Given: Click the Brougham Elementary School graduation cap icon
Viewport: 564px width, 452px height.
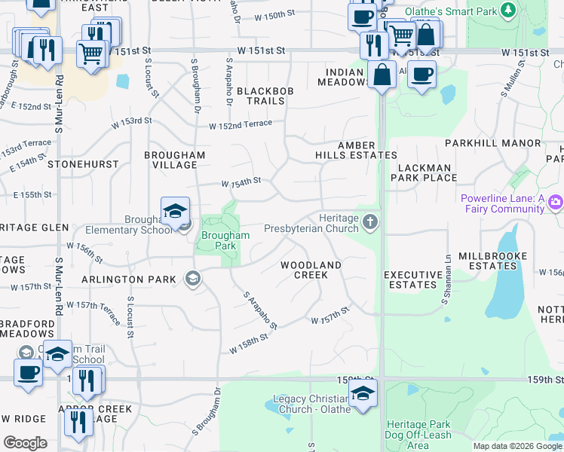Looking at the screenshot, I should [175, 210].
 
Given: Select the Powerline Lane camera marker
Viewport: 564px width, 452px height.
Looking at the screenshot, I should [556, 201].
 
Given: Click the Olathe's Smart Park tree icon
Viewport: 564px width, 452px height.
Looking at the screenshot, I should [508, 11].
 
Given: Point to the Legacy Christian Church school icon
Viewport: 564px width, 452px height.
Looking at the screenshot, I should [363, 393].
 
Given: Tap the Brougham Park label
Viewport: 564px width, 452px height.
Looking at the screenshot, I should [225, 240].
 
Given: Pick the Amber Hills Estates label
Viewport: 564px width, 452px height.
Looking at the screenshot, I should [356, 150].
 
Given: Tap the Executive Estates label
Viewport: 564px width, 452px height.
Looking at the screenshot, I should [413, 279].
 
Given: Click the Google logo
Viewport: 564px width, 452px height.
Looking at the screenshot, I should [25, 443].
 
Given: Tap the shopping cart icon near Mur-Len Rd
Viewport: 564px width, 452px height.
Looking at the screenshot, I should [91, 54].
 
